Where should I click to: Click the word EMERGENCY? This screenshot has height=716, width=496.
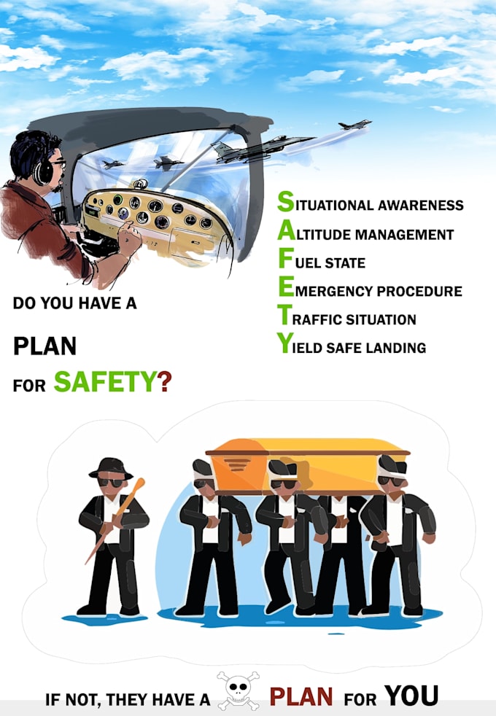pyautogui.click(x=332, y=291)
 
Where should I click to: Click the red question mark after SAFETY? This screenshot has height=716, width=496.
pyautogui.click(x=165, y=381)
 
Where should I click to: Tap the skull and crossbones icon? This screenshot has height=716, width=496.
pyautogui.click(x=239, y=691)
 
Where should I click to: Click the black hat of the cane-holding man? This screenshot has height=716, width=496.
pyautogui.click(x=110, y=467)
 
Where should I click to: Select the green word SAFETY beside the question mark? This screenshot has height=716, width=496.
pyautogui.click(x=106, y=381)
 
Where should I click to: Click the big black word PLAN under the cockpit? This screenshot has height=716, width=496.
pyautogui.click(x=44, y=346)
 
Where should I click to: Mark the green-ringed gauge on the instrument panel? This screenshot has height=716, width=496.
pyautogui.click(x=117, y=200)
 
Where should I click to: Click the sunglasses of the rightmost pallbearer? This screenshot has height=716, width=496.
pyautogui.click(x=391, y=480)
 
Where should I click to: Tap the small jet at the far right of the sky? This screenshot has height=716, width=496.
pyautogui.click(x=355, y=125)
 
